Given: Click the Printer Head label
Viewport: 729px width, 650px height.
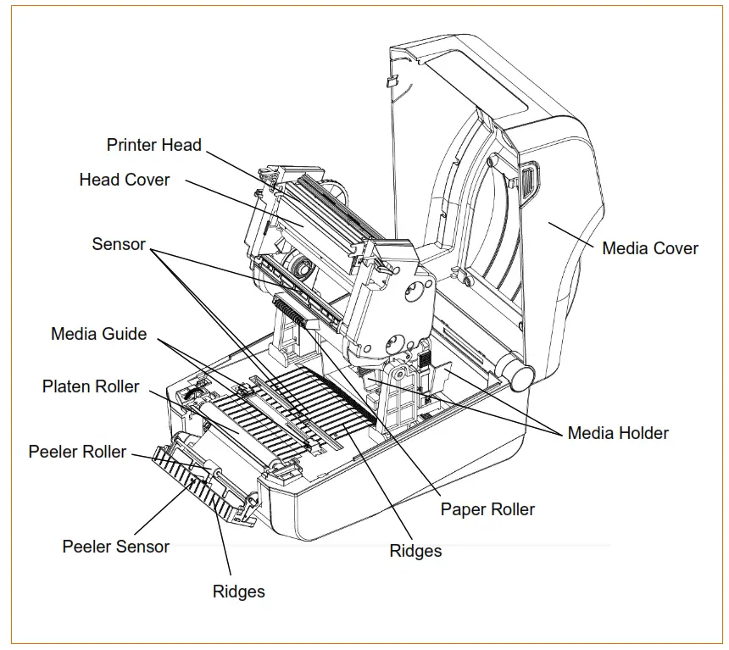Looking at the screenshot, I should (153, 145).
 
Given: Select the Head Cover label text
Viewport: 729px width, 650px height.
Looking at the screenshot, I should (124, 180).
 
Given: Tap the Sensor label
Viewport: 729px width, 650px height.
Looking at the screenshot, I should (119, 244).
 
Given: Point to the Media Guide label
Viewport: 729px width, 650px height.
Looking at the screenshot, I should (98, 334).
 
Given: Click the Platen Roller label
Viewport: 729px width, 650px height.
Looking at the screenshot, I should (91, 386).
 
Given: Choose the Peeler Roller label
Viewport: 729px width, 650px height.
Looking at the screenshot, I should (77, 452).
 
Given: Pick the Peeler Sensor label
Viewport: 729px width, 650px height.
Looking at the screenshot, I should (115, 547).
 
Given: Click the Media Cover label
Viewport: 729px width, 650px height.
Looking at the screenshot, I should (649, 248).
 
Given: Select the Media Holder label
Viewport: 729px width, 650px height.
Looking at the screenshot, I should (617, 433).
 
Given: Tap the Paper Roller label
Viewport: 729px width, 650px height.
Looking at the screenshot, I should (487, 509).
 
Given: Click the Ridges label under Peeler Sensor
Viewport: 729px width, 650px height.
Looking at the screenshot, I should (238, 592).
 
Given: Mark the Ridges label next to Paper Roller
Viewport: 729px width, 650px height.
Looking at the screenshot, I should (415, 551).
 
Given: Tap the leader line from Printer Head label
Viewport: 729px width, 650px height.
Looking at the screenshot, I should (233, 165).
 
